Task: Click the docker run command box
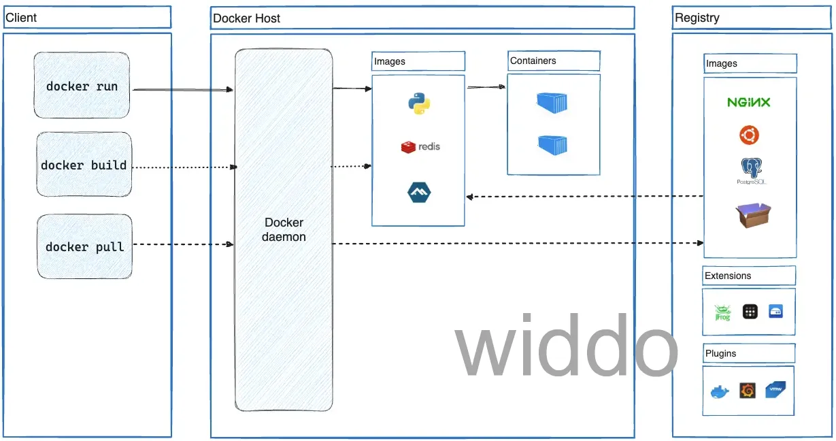coord(82,85)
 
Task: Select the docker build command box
coord(84,164)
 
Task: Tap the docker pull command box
coord(85,246)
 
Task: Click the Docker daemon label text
coord(284,229)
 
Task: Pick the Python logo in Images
coord(419,103)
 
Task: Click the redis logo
coord(420,147)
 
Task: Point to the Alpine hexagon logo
coord(419,193)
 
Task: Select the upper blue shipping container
coord(552,102)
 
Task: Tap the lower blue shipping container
coord(553,145)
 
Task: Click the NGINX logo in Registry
coord(749,102)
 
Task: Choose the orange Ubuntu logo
coord(749,135)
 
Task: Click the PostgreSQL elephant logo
coord(751,171)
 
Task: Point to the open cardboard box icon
coord(753,215)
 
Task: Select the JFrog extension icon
coord(722,312)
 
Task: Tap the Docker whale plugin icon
coord(720,392)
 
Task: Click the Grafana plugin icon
coord(748,391)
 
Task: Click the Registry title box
coord(752,18)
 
